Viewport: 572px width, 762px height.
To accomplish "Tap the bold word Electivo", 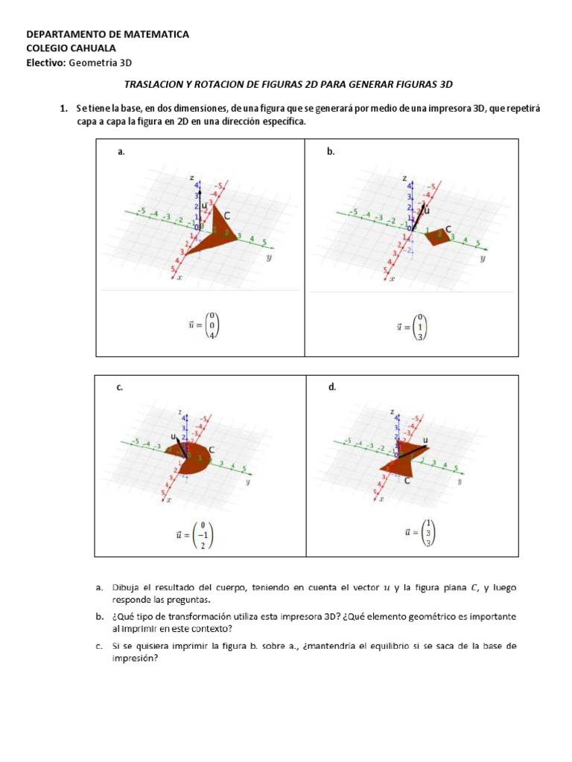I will (45, 63).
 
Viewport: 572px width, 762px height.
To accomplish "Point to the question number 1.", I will (64, 109).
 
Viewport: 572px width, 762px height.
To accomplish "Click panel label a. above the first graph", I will (121, 152).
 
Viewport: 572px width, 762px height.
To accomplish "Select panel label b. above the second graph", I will (331, 152).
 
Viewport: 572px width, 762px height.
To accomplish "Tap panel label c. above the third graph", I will (119, 387).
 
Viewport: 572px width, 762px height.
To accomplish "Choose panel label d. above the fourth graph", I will (331, 387).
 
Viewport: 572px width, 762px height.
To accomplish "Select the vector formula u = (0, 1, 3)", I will (412, 325).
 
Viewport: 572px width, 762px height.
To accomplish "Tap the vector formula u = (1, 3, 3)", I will (418, 531).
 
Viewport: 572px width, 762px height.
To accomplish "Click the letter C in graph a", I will (227, 216).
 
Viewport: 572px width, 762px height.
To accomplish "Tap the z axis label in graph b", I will (404, 179).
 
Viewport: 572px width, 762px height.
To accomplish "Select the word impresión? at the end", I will (135, 658).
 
